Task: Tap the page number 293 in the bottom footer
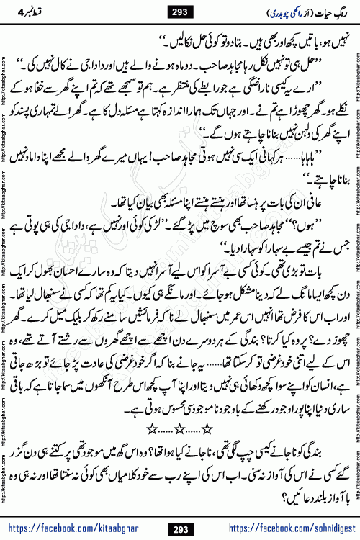coord(180,529)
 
